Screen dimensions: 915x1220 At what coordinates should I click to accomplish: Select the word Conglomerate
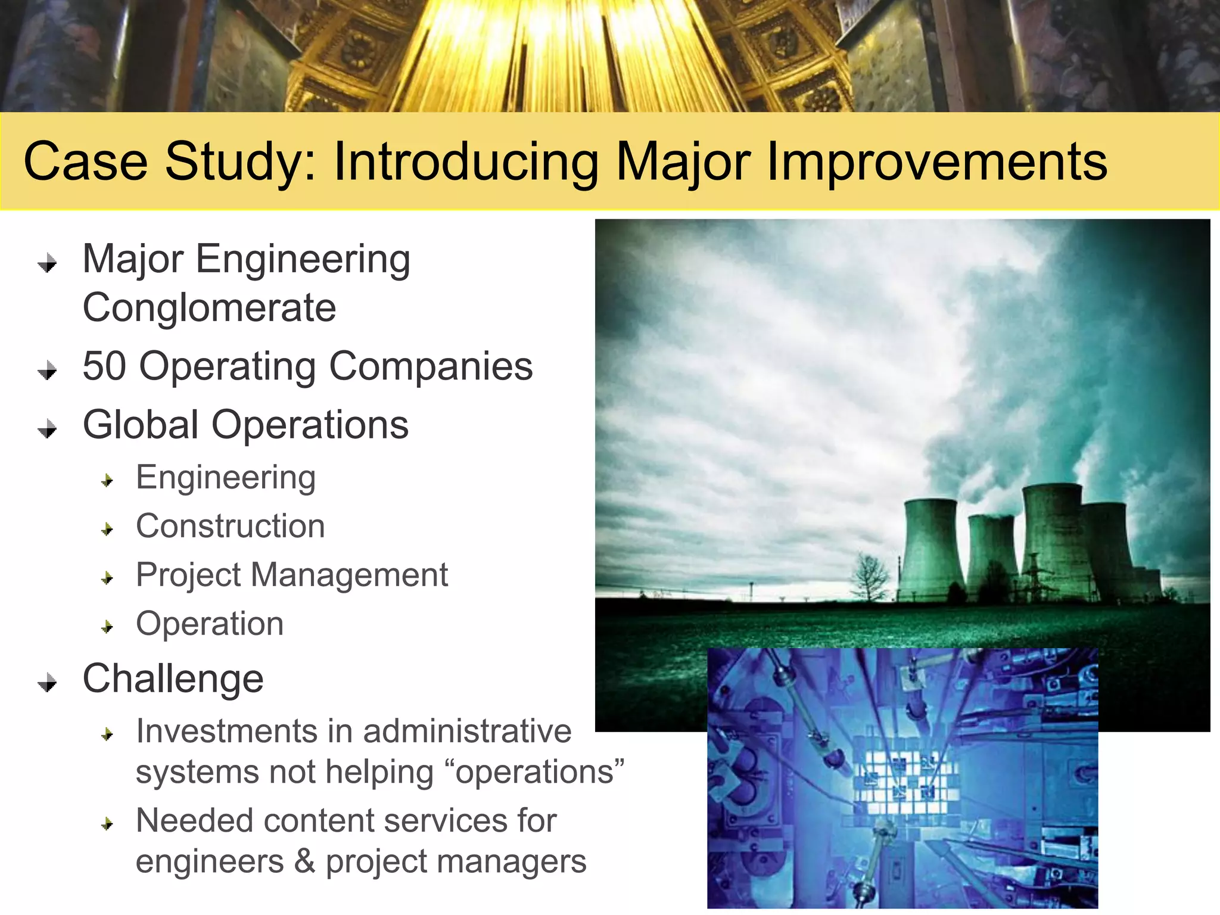209,308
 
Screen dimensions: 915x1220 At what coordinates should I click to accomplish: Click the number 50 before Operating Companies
104,366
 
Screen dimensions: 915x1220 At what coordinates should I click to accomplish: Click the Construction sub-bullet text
230,526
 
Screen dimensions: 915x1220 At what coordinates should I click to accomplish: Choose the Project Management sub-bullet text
291,575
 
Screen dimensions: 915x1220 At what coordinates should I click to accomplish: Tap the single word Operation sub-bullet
210,624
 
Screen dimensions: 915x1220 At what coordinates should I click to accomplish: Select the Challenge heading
173,679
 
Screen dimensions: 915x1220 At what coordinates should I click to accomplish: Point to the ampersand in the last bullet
304,861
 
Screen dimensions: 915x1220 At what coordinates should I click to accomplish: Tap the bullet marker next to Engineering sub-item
107,480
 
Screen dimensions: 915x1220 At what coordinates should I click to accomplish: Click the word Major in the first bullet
133,260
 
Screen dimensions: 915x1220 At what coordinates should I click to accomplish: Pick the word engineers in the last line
210,862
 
